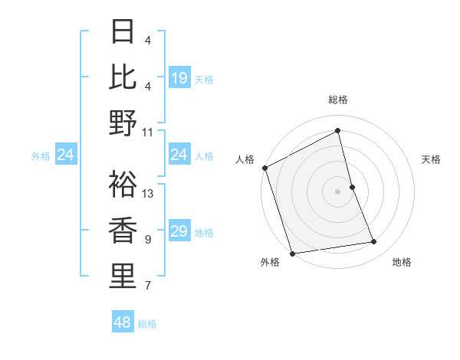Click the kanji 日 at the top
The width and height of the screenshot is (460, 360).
(x=123, y=32)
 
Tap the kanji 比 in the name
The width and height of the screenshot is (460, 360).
(x=123, y=77)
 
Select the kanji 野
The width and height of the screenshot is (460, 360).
(x=123, y=122)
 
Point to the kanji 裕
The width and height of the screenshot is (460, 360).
(x=123, y=185)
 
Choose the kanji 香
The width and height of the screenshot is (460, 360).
(x=123, y=230)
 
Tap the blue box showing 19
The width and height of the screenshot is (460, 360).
(x=179, y=77)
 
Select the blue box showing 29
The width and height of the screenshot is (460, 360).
(x=179, y=231)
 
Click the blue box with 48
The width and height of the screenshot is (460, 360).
(x=123, y=322)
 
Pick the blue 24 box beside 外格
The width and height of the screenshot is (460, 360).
(x=66, y=155)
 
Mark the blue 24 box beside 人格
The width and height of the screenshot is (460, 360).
(x=179, y=155)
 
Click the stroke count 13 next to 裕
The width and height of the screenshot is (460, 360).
(x=149, y=194)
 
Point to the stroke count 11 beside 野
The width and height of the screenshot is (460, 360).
(x=148, y=131)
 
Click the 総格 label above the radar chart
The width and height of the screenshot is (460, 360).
(x=338, y=100)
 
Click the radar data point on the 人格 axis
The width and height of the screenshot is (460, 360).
(x=265, y=168)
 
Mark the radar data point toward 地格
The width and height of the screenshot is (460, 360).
(x=374, y=242)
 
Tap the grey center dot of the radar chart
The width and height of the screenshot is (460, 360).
(x=338, y=191)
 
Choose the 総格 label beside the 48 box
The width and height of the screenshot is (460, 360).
(x=147, y=324)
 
